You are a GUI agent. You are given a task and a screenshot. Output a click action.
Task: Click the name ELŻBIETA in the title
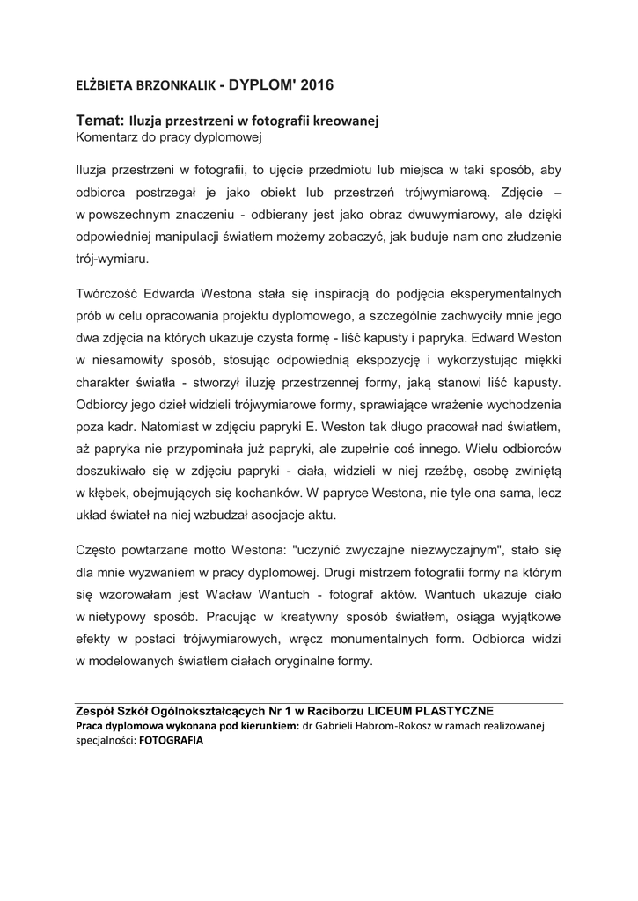pos(100,86)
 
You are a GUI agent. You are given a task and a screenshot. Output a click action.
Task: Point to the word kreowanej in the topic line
pos(346,122)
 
